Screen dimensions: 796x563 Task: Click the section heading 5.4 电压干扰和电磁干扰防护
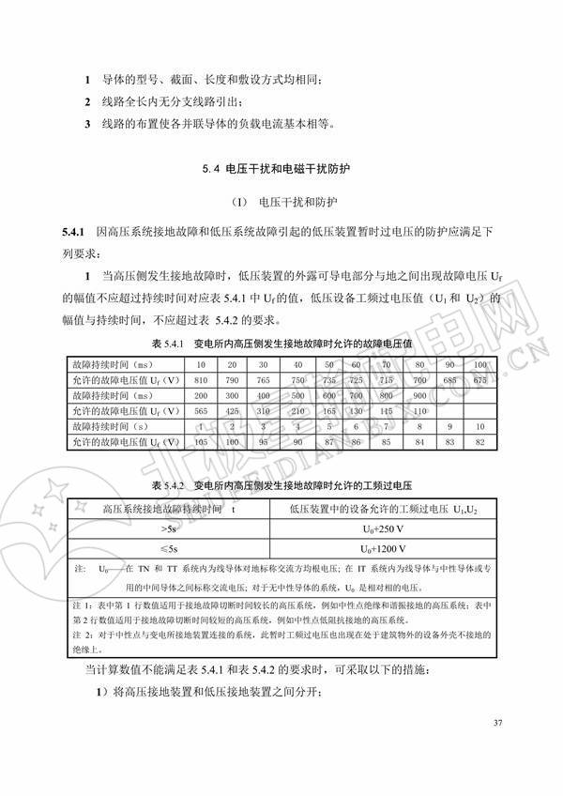[282, 169]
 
